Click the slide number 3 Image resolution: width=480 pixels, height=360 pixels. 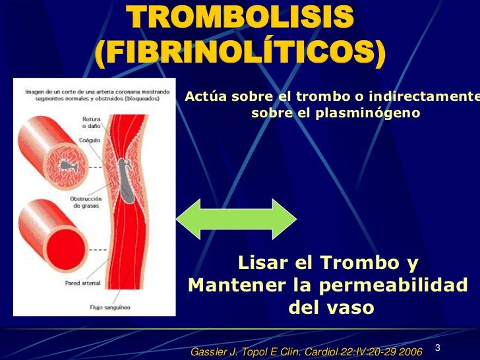point(438,347)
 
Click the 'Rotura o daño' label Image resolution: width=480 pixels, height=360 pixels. point(91,122)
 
